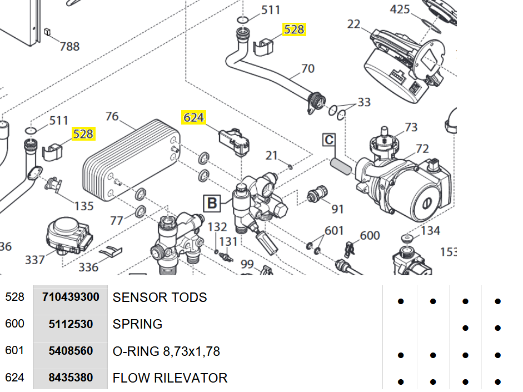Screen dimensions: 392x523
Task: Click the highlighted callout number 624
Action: [x=194, y=117]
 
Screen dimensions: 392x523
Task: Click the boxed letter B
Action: [x=212, y=204]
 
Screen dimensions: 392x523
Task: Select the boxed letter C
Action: [x=329, y=140]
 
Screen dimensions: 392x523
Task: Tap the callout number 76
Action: [x=112, y=116]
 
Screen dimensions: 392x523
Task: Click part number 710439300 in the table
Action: [x=71, y=297]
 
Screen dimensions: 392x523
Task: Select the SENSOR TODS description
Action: [x=160, y=297]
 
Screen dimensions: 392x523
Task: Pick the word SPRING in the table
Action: [x=137, y=324]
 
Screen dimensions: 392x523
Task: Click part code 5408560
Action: [x=71, y=351]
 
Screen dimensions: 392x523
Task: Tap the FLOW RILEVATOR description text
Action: [x=170, y=378]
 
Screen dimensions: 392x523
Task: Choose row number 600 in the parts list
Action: [x=14, y=324]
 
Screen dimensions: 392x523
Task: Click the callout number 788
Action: [x=70, y=46]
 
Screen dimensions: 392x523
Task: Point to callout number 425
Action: [x=400, y=9]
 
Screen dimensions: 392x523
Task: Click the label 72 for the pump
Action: [x=422, y=148]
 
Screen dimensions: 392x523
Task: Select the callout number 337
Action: [x=35, y=259]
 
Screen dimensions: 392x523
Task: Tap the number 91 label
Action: [x=338, y=209]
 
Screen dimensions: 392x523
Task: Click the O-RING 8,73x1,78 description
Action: [x=166, y=351]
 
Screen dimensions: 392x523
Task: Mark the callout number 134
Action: [x=431, y=230]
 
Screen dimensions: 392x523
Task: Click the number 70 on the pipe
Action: [x=308, y=68]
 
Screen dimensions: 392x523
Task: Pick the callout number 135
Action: [x=84, y=206]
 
